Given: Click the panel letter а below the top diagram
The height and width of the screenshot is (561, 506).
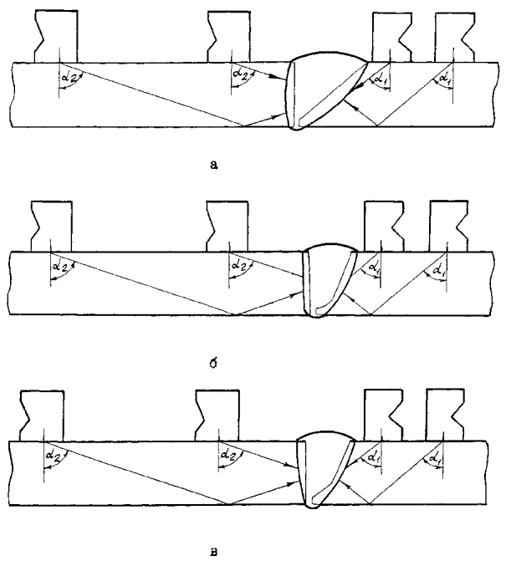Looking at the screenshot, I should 215,166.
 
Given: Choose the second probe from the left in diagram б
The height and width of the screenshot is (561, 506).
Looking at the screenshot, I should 228,226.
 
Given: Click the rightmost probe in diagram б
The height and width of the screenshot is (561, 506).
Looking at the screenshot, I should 450,227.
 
